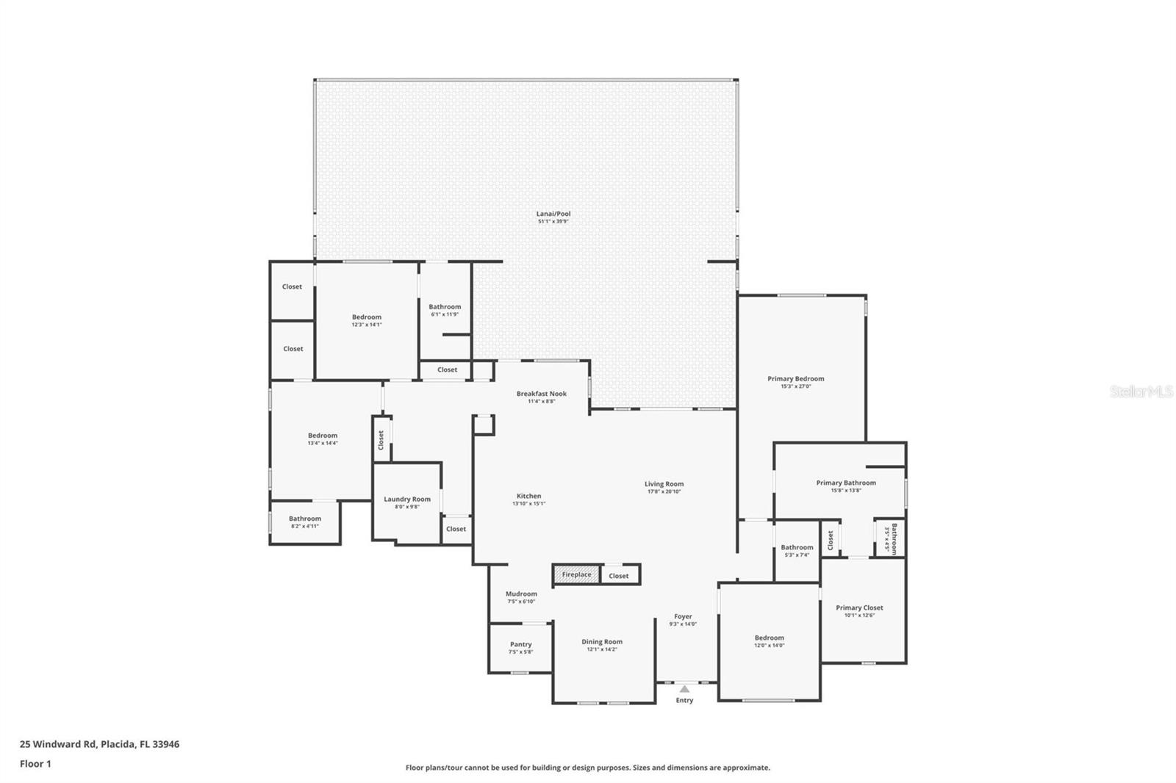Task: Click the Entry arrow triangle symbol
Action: pyautogui.click(x=684, y=689)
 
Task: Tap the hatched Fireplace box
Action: pyautogui.click(x=577, y=574)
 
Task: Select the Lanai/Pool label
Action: pyautogui.click(x=553, y=214)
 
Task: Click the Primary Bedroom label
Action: pyautogui.click(x=796, y=379)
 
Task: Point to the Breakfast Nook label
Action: pyautogui.click(x=541, y=394)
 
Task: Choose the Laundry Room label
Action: pyautogui.click(x=407, y=499)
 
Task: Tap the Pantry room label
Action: pyautogui.click(x=520, y=644)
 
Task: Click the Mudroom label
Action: pyautogui.click(x=521, y=593)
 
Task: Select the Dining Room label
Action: pyautogui.click(x=602, y=642)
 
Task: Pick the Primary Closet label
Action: pyautogui.click(x=859, y=607)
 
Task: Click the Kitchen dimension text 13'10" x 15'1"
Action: pyautogui.click(x=528, y=505)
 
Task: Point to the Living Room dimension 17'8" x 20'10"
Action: pyautogui.click(x=664, y=492)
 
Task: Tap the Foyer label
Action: pyautogui.click(x=683, y=616)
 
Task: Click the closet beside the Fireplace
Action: pyautogui.click(x=619, y=576)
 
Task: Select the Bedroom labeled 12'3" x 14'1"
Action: pyautogui.click(x=366, y=317)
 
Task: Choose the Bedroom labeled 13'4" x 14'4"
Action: pyautogui.click(x=323, y=436)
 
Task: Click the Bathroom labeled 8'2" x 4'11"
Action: pyautogui.click(x=304, y=519)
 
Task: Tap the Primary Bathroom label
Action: pyautogui.click(x=846, y=483)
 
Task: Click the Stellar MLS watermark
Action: pyautogui.click(x=1141, y=392)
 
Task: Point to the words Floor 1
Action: pyautogui.click(x=35, y=764)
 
